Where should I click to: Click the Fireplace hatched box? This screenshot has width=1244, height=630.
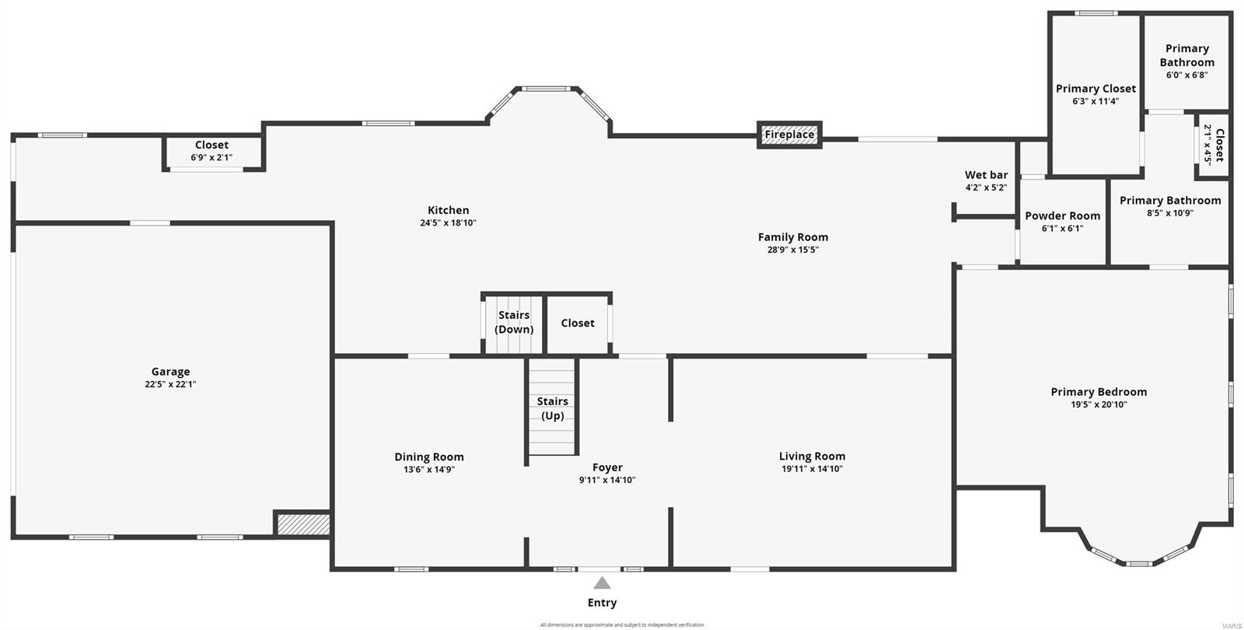789,135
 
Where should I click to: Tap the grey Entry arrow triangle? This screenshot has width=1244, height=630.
602,583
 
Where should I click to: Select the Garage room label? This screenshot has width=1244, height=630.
170,372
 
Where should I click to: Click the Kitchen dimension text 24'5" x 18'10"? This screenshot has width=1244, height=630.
448,223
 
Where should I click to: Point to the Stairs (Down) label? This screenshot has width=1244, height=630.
514,322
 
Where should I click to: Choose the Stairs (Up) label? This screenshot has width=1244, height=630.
552,408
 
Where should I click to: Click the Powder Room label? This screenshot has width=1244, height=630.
1062,215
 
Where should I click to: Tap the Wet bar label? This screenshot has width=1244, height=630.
986,175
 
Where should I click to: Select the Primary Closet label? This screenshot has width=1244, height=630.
1095,89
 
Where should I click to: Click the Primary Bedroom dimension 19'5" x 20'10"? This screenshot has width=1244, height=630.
1099,404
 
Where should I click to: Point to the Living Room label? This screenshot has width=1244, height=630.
812,457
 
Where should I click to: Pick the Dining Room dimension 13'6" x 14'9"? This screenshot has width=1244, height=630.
428,470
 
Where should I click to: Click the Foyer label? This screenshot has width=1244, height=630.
607,467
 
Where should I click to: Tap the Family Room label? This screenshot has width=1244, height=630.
793,237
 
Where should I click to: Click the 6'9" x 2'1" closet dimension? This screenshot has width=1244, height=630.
211,158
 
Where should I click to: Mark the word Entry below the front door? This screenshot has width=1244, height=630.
602,603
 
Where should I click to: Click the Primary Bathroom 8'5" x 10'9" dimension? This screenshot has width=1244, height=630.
1169,213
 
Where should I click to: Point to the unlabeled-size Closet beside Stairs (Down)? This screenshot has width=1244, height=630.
578,323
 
